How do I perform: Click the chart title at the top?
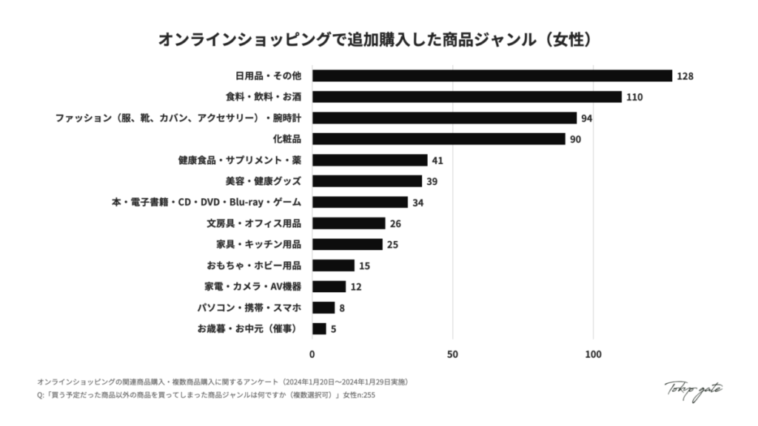click(378, 39)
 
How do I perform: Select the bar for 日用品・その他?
click(492, 75)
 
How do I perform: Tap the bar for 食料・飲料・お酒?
click(466, 97)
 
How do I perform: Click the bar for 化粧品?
click(438, 139)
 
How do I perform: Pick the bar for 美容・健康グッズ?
click(366, 181)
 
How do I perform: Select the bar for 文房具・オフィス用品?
click(349, 223)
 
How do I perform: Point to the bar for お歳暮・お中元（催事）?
click(319, 328)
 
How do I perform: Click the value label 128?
click(685, 76)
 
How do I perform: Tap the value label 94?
click(587, 118)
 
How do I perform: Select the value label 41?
click(437, 160)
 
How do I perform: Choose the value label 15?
click(364, 266)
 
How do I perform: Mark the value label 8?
click(342, 308)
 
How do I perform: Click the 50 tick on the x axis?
click(452, 354)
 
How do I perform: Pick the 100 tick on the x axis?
click(593, 354)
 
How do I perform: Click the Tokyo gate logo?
click(693, 389)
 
